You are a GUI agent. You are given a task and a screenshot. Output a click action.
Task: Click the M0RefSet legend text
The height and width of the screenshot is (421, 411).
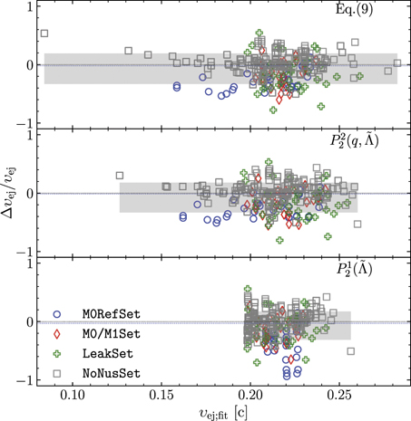pos(107,314)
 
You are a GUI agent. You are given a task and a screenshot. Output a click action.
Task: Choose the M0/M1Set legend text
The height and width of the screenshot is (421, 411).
pos(107,334)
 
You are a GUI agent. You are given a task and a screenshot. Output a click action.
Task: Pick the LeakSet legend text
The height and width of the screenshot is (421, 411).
pos(101,353)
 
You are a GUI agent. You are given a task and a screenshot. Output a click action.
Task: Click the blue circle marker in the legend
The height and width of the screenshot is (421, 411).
pos(59,314)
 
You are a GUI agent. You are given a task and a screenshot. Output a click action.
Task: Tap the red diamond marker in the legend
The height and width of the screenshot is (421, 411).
pos(59,334)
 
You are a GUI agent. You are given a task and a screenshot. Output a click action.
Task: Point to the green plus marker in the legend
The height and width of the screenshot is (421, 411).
pos(59,353)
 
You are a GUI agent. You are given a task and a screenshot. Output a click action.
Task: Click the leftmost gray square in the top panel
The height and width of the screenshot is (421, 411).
pos(44,33)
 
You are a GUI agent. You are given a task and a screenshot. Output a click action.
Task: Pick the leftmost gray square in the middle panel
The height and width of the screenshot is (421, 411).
pos(119,176)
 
